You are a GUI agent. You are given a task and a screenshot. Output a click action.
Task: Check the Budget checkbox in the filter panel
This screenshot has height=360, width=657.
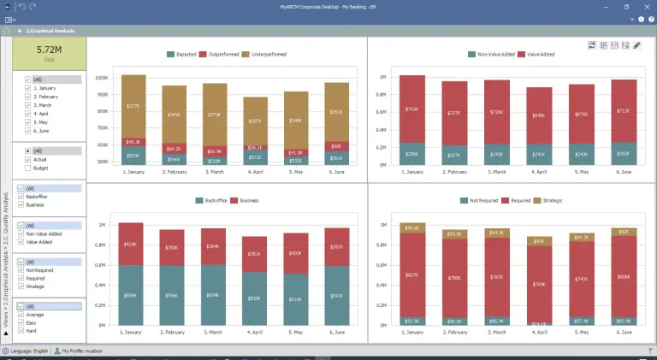pyautogui.click(x=28, y=168)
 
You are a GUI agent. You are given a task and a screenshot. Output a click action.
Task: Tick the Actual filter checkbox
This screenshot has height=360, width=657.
pyautogui.click(x=28, y=159)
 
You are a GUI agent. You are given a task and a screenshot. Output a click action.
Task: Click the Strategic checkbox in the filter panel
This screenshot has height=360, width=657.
pyautogui.click(x=28, y=286)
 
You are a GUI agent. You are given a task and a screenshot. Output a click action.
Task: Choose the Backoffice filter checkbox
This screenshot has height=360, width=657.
pyautogui.click(x=28, y=197)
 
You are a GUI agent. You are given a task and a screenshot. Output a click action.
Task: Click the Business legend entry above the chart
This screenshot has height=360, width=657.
pyautogui.click(x=246, y=200)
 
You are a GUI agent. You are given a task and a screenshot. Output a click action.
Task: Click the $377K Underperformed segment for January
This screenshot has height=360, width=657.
pyautogui.click(x=133, y=106)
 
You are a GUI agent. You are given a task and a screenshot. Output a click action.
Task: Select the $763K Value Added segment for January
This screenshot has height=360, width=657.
pyautogui.click(x=412, y=109)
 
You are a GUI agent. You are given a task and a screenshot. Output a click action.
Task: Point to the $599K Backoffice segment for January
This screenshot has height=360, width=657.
pyautogui.click(x=130, y=296)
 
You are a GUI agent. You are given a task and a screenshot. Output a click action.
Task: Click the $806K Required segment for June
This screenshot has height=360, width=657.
pyautogui.click(x=624, y=277)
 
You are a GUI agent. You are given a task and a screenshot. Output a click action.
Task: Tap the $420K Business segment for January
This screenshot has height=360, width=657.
pyautogui.click(x=130, y=244)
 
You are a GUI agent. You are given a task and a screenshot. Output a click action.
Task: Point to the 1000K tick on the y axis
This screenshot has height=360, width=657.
pyautogui.click(x=101, y=77)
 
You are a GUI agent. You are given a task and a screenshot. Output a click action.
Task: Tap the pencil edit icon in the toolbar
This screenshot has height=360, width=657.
pyautogui.click(x=636, y=45)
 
